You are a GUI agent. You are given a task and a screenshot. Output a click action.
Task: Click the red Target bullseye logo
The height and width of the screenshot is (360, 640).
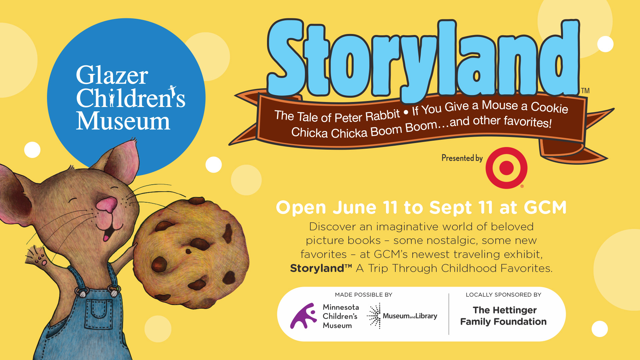[x=506, y=168]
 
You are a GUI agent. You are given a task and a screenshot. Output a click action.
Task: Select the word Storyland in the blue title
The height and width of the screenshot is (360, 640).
[x=424, y=60]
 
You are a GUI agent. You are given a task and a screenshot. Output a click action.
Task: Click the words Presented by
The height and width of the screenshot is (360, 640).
[x=462, y=158]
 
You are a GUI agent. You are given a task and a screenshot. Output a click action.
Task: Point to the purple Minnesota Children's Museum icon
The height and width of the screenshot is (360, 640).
[x=303, y=316]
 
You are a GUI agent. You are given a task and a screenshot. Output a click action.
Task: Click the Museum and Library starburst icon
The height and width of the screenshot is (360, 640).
[x=374, y=316]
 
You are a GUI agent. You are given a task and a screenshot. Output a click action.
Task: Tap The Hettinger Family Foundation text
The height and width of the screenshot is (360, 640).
[x=503, y=316]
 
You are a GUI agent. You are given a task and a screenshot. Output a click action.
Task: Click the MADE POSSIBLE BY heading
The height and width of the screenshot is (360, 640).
[x=364, y=295]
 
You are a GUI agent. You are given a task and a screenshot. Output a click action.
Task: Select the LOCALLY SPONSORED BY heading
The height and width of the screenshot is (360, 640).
[x=503, y=295]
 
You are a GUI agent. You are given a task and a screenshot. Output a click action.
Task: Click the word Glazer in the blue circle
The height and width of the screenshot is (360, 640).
[x=112, y=75]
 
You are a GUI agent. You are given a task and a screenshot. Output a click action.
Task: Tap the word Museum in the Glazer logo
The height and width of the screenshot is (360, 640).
[x=123, y=121]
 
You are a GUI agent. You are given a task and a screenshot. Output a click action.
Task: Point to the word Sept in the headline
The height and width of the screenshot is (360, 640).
[x=450, y=208]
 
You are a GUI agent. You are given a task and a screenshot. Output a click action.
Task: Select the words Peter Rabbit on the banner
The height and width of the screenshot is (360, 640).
[x=367, y=116]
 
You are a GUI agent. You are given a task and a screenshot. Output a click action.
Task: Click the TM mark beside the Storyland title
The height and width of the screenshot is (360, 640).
[x=585, y=91]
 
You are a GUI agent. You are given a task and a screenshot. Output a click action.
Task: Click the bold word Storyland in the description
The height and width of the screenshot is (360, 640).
[x=317, y=268]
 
